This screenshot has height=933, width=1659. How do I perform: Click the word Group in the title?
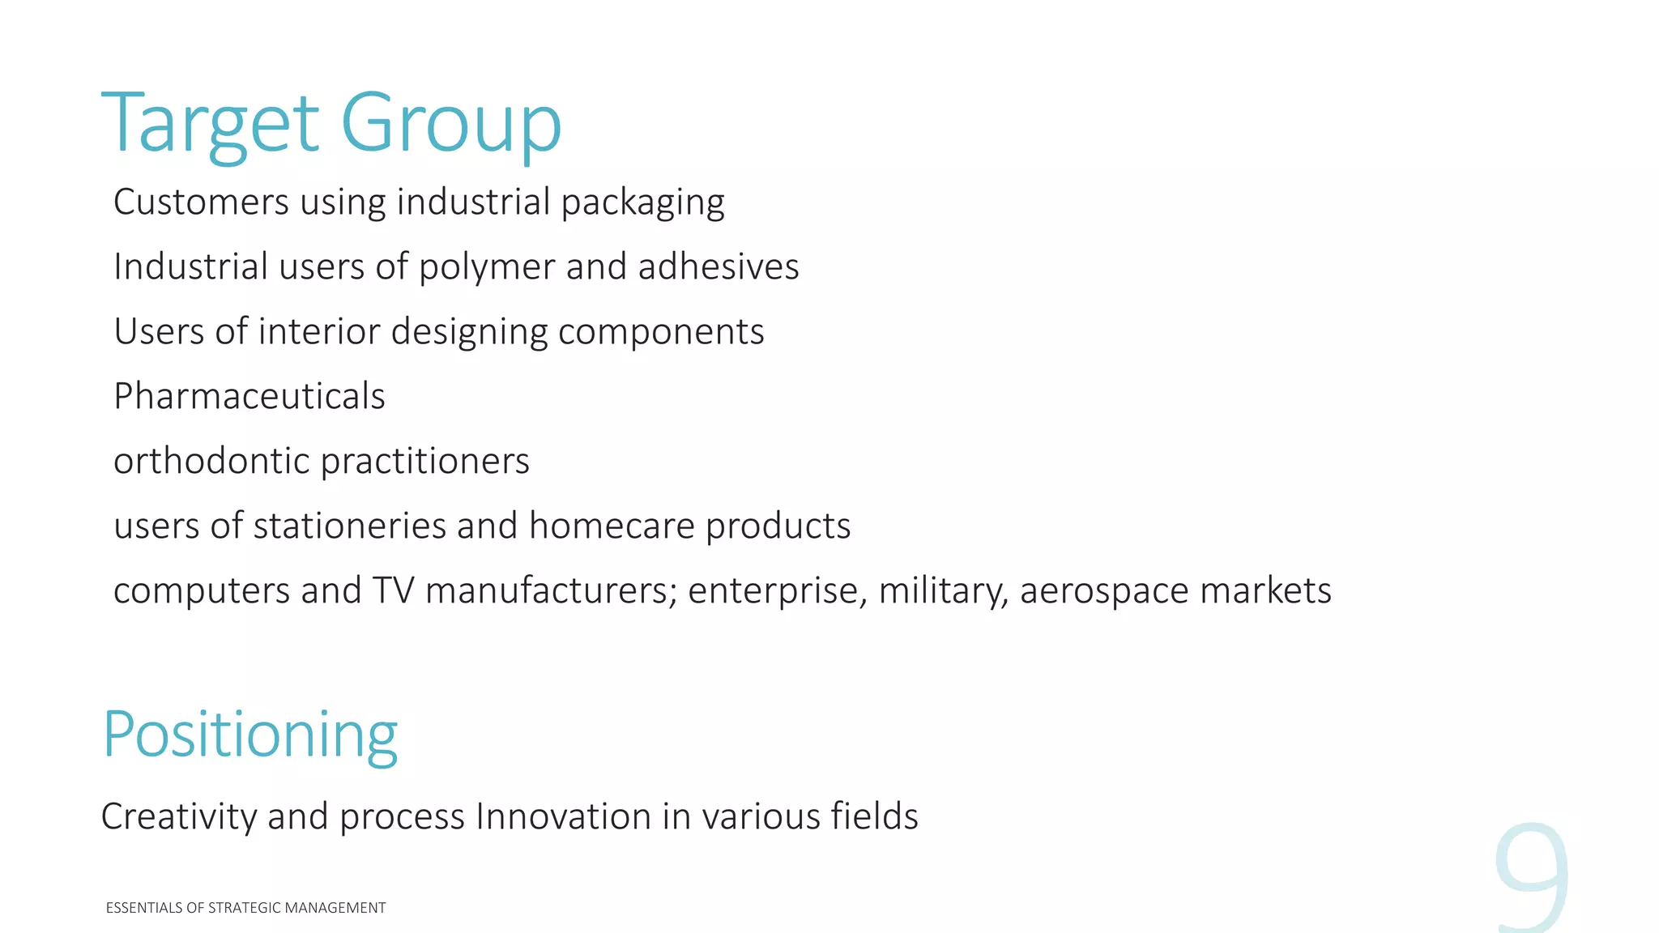[x=450, y=124]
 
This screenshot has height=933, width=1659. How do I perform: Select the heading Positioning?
[x=250, y=735]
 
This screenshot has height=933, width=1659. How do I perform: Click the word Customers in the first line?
[x=201, y=202]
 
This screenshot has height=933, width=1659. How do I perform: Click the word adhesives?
[x=719, y=266]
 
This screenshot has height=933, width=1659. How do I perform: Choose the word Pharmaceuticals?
[x=249, y=396]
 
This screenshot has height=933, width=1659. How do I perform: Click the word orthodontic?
[x=211, y=461]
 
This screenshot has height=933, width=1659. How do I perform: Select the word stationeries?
[x=349, y=526]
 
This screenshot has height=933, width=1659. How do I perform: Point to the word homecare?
[x=612, y=526]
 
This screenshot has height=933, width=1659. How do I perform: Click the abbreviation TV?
[x=393, y=590]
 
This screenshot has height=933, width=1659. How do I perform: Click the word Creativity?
[x=179, y=816]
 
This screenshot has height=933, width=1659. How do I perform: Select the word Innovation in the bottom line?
[x=563, y=816]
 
